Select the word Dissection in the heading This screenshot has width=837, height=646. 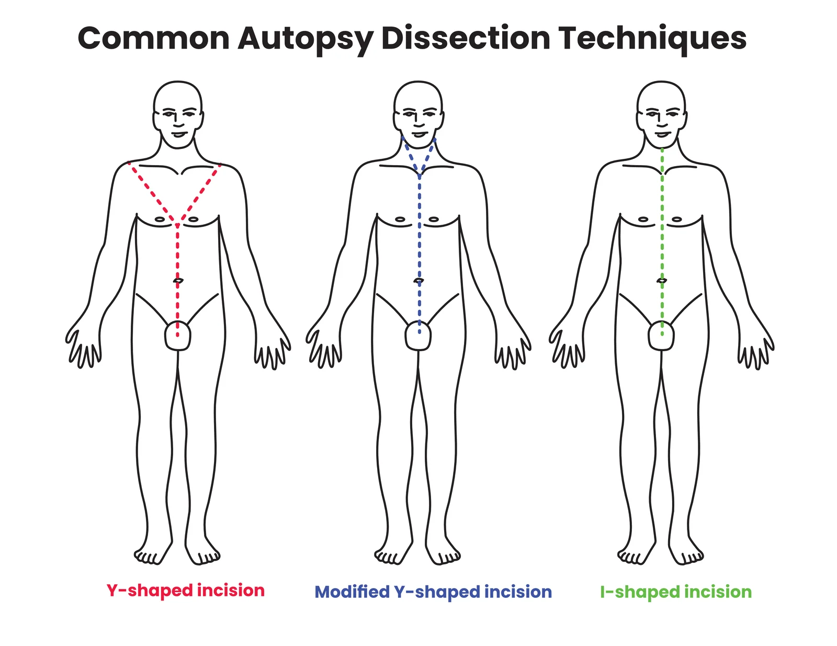click(466, 38)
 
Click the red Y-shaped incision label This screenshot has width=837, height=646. click(186, 591)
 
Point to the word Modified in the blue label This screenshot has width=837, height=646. click(352, 592)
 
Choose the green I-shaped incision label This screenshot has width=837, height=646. click(676, 592)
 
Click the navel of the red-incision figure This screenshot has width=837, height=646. click(178, 281)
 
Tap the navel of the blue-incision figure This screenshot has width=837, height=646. click(418, 281)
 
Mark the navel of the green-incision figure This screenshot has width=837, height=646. click(662, 281)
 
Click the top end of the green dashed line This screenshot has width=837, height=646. click(662, 150)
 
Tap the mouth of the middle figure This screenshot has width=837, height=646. click(418, 134)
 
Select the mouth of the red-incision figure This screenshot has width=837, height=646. click(178, 134)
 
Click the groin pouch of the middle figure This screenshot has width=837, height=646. click(418, 336)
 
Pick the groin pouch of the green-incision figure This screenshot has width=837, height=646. click(661, 336)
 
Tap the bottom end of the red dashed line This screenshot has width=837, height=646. click(178, 335)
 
